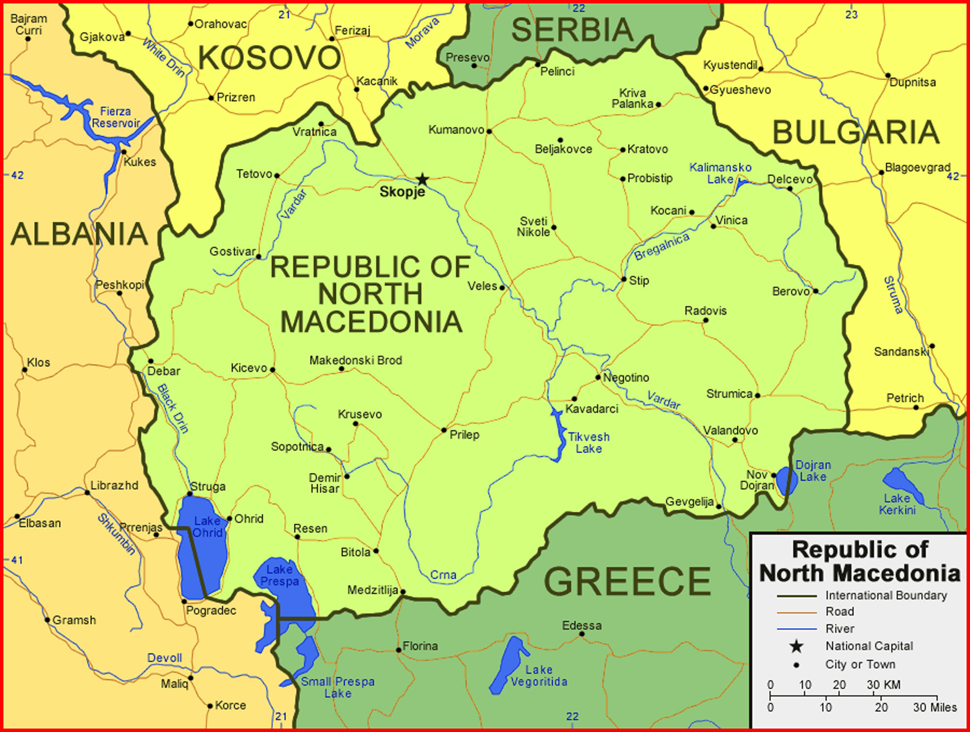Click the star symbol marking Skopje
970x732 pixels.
[x=422, y=179]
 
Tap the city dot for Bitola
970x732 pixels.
[x=376, y=551]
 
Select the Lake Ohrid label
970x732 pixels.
[x=208, y=527]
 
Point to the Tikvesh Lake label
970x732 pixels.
[x=588, y=442]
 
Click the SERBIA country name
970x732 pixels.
[x=572, y=30]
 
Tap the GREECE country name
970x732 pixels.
[x=627, y=581]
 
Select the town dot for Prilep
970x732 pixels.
[x=443, y=430]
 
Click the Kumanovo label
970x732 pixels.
[x=456, y=130]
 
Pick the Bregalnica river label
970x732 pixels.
[x=662, y=246]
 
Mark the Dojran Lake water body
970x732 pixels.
[x=785, y=480]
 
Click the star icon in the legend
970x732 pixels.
[x=796, y=646]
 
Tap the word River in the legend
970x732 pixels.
[x=840, y=629]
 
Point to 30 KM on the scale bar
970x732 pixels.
[x=883, y=684]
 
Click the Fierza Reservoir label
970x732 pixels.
[x=115, y=117]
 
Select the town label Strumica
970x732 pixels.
[x=729, y=394]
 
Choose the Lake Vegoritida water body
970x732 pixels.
[x=507, y=665]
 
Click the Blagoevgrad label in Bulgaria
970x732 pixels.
[x=917, y=167]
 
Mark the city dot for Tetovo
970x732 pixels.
[x=277, y=176]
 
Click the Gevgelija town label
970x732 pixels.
[x=689, y=502]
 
